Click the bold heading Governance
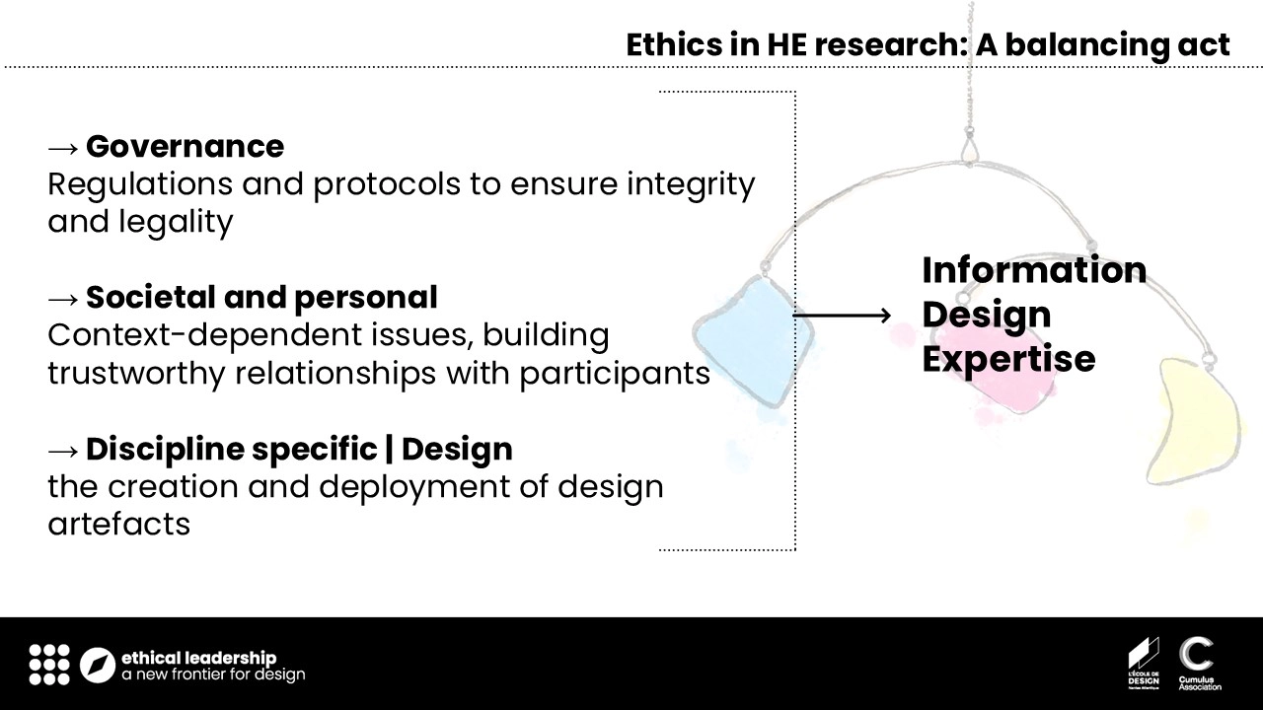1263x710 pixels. (185, 147)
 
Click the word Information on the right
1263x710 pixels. (1034, 270)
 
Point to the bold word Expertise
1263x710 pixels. (1008, 360)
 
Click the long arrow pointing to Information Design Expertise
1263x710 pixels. (842, 316)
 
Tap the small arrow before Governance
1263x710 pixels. (62, 148)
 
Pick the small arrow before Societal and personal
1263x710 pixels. (62, 299)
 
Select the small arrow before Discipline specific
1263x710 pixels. (62, 451)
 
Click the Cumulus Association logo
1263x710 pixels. (1199, 664)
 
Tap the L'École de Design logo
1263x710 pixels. (1144, 664)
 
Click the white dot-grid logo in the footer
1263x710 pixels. (49, 665)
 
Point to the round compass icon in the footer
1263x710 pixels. (98, 665)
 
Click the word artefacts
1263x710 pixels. (119, 524)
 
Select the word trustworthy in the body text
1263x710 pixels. (136, 374)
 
